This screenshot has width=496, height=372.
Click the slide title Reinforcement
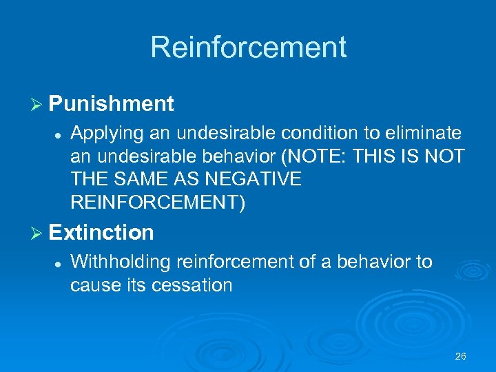248,48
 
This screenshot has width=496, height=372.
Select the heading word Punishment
111,104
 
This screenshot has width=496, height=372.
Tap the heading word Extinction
101,233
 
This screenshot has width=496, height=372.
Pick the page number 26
461,356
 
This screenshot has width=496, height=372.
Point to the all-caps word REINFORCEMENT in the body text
157,203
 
